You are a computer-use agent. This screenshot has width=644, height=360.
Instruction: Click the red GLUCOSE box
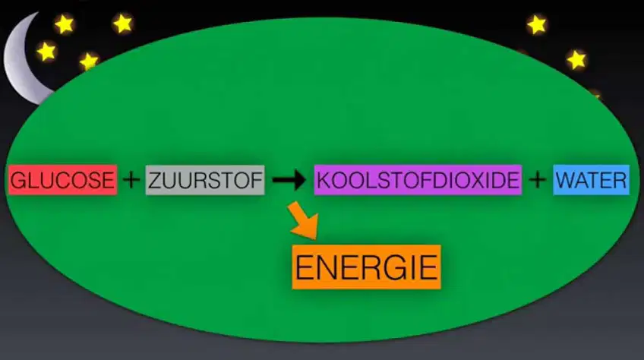pos(62,179)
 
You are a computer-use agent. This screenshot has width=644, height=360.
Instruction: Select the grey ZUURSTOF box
pos(205,179)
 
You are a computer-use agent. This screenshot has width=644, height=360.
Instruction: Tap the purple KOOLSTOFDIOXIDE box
pos(418,179)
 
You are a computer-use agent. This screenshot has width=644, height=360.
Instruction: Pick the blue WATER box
pos(591,179)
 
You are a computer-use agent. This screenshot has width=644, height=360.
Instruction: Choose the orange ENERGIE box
pos(366,267)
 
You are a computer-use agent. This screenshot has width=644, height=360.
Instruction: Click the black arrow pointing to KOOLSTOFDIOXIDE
pos(289,179)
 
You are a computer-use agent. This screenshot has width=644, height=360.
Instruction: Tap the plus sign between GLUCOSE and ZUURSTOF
pos(131,179)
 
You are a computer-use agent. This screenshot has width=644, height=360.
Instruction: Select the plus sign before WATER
pos(538,179)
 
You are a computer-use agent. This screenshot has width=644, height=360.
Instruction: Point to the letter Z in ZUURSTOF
pos(155,181)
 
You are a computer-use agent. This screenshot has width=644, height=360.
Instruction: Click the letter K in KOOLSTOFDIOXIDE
pos(324,181)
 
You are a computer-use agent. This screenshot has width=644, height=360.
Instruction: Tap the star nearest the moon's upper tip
pos(65,24)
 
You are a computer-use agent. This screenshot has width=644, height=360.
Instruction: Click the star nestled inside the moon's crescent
pos(46,52)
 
